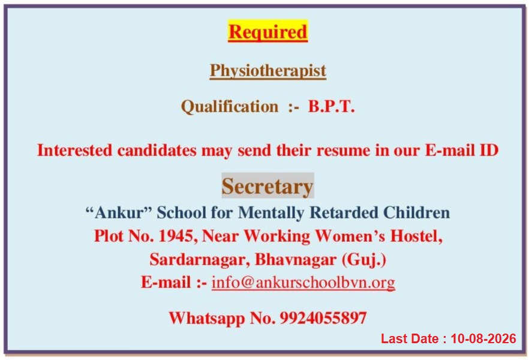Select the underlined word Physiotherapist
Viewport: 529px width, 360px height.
(268, 71)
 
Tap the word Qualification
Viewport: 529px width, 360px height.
(230, 107)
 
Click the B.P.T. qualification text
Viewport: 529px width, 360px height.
(331, 107)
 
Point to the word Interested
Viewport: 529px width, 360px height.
(74, 151)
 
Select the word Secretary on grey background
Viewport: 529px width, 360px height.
(267, 186)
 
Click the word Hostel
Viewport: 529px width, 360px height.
(416, 236)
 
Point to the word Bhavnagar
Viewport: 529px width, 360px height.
(296, 260)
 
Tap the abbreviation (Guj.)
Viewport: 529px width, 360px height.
(364, 260)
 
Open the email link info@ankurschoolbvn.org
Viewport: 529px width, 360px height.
(303, 283)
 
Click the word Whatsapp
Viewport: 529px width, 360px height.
(207, 319)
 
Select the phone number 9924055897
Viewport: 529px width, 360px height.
(323, 318)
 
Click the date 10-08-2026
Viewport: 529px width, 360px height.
(483, 339)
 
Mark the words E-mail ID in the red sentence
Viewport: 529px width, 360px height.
(462, 151)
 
